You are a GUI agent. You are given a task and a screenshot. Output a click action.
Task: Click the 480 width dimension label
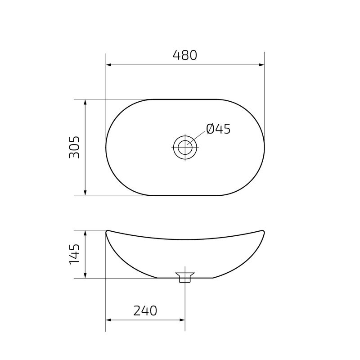185,55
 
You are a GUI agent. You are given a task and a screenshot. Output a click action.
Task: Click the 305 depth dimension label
74,147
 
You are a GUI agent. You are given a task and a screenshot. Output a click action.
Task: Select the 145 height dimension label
74,254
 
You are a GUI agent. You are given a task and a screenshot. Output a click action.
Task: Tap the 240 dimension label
145,310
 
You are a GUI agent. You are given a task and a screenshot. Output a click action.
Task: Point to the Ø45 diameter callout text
218,129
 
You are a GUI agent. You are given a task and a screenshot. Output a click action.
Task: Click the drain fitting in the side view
185,276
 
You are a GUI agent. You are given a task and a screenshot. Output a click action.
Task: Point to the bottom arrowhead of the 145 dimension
85,275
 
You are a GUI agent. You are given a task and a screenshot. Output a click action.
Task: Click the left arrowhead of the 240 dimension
108,320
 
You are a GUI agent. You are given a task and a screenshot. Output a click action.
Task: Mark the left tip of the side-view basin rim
107,232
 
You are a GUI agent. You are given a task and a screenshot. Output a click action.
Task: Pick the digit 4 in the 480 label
176,55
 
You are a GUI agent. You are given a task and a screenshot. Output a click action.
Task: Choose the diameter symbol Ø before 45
211,129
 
